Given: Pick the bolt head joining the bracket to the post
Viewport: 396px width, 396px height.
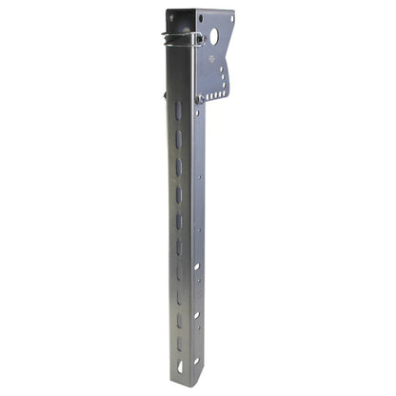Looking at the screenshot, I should coord(200,99).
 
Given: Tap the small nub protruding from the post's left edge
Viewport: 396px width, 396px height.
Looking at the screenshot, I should coord(165,94).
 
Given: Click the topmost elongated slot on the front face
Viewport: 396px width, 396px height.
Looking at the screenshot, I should coord(178,111).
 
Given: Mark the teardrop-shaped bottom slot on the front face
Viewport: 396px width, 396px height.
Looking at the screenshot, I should coord(178,366).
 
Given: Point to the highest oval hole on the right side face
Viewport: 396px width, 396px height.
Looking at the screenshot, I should coord(196,267).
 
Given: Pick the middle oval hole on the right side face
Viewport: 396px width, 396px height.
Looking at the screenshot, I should coord(196,315).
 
